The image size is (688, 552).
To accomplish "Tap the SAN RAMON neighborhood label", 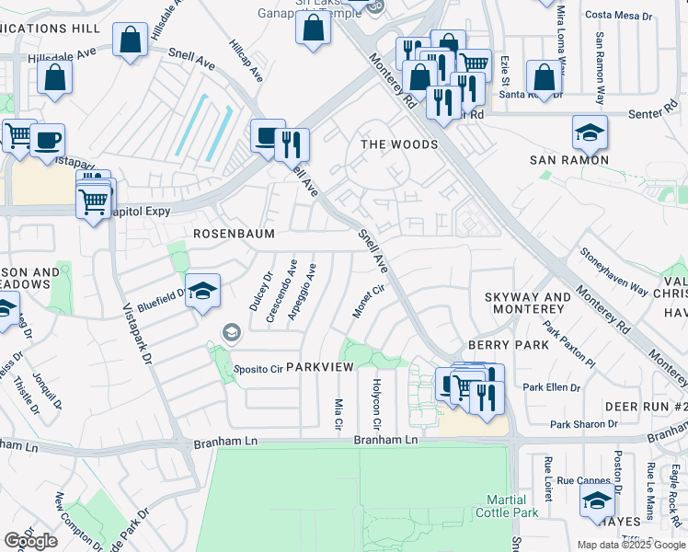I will click(568, 160).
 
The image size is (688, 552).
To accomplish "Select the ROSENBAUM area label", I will click(234, 234).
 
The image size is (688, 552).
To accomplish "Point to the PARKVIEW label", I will click(319, 366).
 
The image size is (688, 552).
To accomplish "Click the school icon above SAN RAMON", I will click(590, 134).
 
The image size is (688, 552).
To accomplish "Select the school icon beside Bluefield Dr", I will click(203, 292).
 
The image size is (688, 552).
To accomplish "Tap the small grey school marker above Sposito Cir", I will click(231, 331).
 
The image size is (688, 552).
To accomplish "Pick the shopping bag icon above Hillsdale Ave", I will click(130, 40).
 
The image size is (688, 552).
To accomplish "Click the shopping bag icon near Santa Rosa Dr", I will click(545, 79).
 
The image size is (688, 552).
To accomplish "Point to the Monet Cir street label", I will click(368, 302).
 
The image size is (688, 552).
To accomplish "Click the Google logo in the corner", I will click(30, 541).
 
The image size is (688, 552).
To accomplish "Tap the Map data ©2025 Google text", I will click(630, 545).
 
